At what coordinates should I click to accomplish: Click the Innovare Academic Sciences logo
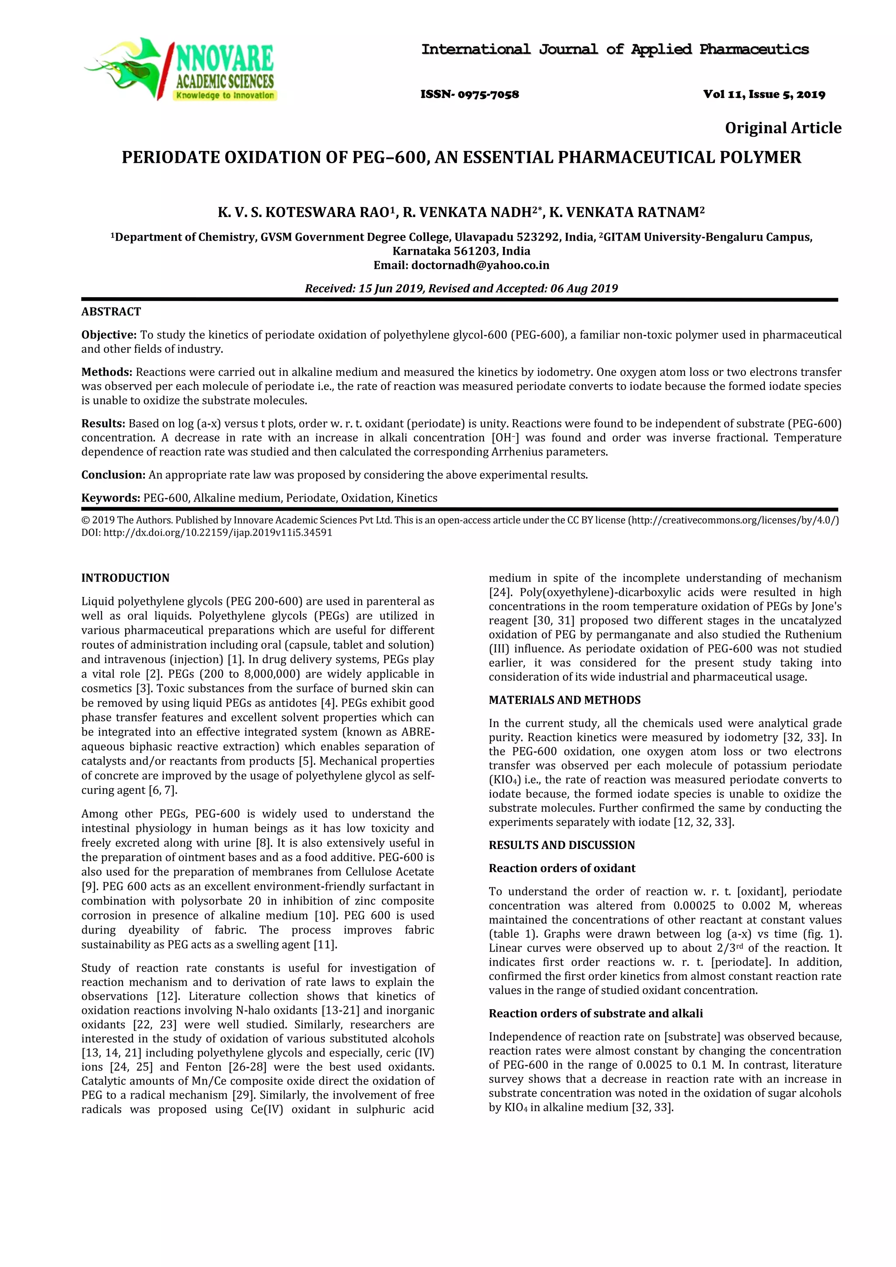tap(179, 70)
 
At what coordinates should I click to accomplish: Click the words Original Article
tap(782, 128)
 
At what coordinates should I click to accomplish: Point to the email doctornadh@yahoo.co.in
tap(480, 265)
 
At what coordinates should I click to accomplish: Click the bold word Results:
tap(103, 424)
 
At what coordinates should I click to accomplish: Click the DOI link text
tap(207, 533)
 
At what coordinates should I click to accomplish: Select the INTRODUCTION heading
tap(125, 578)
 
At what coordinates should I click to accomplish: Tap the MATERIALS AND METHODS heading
tap(564, 700)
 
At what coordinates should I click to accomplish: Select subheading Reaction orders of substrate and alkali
tap(595, 1014)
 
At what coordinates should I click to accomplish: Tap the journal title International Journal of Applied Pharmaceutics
tap(615, 49)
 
